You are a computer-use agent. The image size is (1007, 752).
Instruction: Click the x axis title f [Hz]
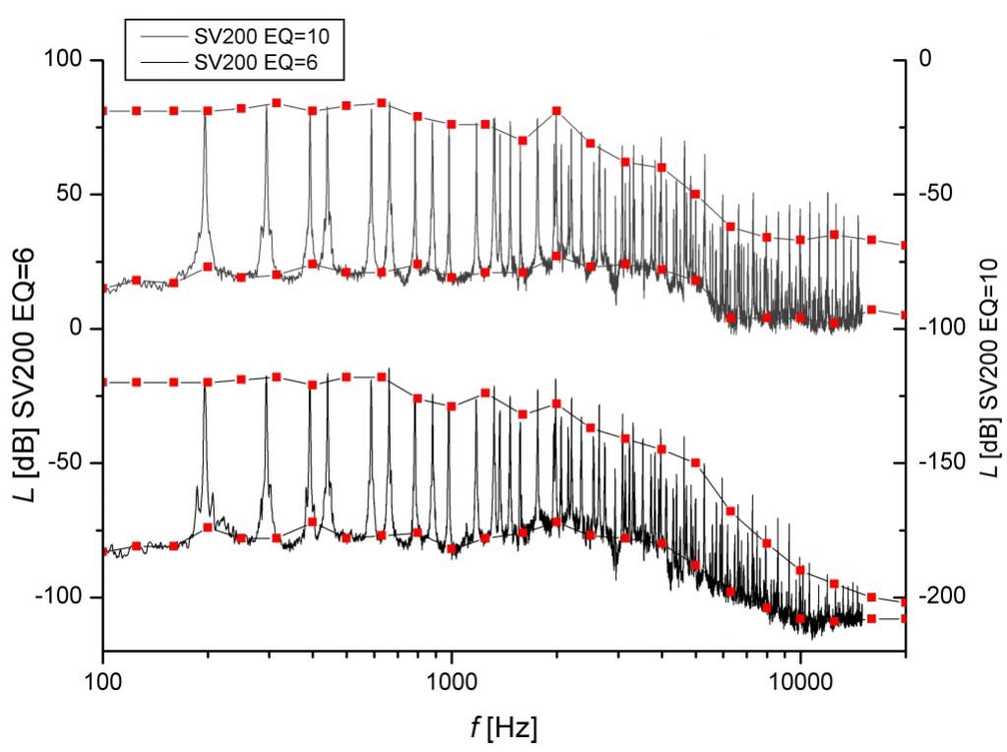pyautogui.click(x=503, y=729)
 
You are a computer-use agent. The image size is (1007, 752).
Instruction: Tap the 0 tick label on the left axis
pyautogui.click(x=83, y=328)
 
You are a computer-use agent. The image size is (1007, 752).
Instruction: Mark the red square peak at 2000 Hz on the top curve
pyautogui.click(x=556, y=110)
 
